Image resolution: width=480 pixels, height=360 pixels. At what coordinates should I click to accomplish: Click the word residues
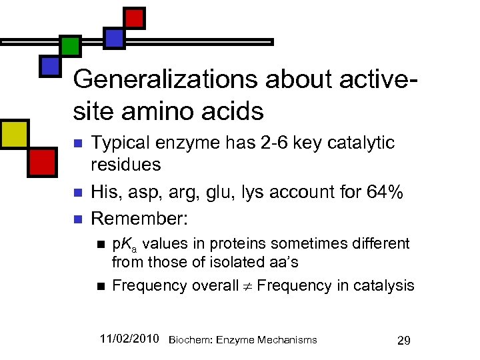point(126,164)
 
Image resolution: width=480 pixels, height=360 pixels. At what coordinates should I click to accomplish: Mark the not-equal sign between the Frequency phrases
point(247,286)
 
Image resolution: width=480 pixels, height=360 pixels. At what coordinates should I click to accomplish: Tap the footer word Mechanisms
point(287,340)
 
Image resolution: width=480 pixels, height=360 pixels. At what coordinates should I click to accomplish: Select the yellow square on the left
point(15,135)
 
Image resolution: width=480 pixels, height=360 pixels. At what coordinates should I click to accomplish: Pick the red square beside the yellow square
point(42,162)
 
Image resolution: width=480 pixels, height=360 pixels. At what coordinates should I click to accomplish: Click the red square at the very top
point(135,17)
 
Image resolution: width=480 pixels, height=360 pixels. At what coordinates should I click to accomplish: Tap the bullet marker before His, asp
point(77,193)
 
